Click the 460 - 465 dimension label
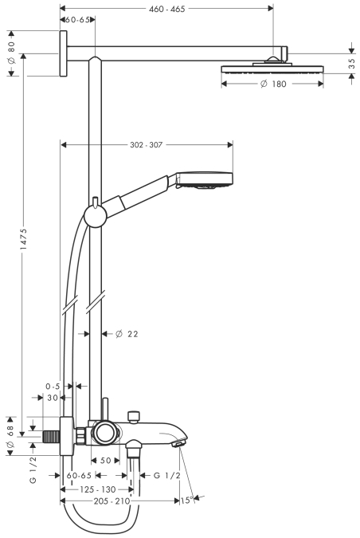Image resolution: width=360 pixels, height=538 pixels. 167,9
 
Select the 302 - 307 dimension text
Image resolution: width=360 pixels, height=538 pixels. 146,145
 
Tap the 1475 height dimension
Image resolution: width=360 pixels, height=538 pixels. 23,238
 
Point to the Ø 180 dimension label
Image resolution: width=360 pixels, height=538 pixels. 273,84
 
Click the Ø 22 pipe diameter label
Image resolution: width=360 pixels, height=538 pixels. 127,334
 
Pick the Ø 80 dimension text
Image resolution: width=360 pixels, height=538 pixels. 11,53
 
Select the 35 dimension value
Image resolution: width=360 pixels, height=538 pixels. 351,64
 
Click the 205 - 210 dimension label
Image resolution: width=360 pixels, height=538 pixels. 112,501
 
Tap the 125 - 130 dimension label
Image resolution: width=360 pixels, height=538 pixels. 98,489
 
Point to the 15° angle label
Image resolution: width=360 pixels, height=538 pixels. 186,501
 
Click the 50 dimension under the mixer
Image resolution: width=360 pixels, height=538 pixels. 106,461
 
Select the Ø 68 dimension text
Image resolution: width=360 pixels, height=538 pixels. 10,437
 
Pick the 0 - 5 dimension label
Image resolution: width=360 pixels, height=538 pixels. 53,387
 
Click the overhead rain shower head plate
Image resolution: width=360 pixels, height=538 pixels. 272,69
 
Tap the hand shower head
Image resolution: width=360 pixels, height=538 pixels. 205,180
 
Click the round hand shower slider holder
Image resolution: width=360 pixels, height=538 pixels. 96,216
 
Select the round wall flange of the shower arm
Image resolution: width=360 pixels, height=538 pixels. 63,53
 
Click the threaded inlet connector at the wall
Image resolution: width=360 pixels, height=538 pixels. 52,437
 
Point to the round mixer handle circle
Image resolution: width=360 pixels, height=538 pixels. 105,433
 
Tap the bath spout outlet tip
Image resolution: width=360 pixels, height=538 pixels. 178,444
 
